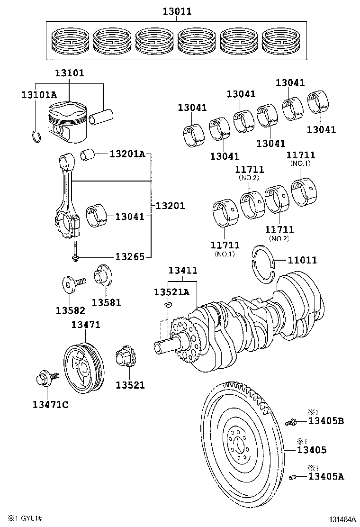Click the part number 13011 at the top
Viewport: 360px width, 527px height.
point(177,11)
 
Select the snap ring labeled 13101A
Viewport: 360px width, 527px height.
point(37,136)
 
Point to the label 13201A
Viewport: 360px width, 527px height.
point(127,154)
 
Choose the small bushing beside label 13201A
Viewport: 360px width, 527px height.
point(88,155)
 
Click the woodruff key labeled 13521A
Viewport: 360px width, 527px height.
point(168,305)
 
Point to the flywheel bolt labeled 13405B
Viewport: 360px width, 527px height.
point(291,421)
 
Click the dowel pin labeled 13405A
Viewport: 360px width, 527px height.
point(292,477)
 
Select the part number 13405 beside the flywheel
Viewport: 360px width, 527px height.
point(311,450)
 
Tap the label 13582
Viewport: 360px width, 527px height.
point(70,310)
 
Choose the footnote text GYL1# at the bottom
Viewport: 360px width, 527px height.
point(32,518)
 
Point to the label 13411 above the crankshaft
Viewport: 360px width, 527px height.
point(183,270)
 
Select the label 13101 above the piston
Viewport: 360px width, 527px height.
point(70,73)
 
